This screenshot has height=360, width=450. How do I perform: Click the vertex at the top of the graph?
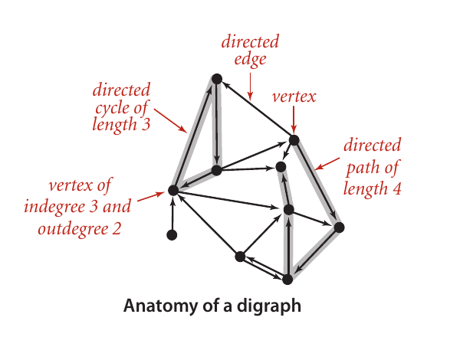pyautogui.click(x=217, y=79)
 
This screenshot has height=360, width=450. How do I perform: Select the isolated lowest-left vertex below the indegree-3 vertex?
pyautogui.click(x=172, y=235)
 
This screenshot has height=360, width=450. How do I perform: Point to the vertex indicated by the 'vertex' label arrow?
pyautogui.click(x=294, y=140)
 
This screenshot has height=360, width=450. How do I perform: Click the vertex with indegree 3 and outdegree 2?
pyautogui.click(x=173, y=190)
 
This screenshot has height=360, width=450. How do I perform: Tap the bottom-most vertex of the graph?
pyautogui.click(x=287, y=279)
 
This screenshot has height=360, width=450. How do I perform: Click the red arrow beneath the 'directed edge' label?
pyautogui.click(x=251, y=87)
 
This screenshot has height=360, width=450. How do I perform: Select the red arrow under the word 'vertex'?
pyautogui.click(x=294, y=119)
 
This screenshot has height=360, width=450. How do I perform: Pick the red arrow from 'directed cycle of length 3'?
pyautogui.click(x=170, y=121)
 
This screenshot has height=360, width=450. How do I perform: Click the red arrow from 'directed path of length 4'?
pyautogui.click(x=327, y=163)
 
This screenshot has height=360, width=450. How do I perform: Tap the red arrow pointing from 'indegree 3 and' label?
pyautogui.click(x=150, y=197)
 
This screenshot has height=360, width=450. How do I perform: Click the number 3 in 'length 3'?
pyautogui.click(x=146, y=125)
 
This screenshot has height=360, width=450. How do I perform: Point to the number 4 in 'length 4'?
pyautogui.click(x=396, y=189)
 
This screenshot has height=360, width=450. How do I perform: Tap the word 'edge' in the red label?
pyautogui.click(x=250, y=60)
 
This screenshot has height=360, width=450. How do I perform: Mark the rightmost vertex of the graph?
pyautogui.click(x=339, y=227)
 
